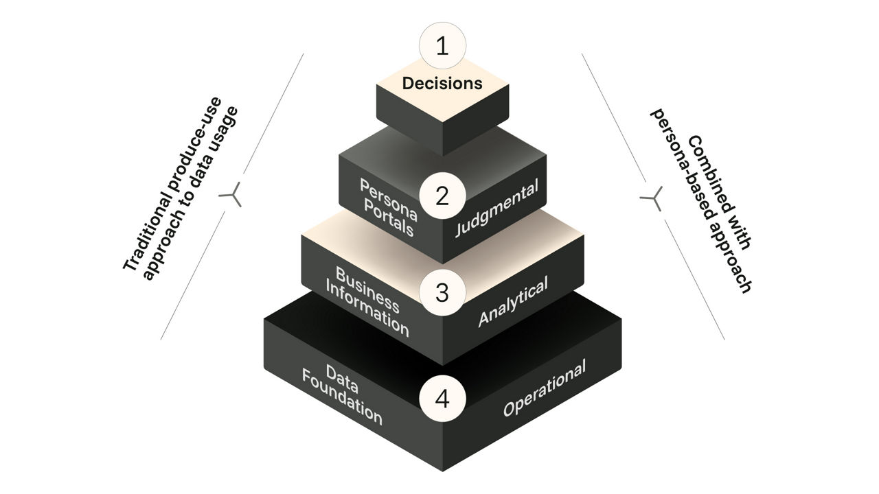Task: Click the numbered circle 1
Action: (442, 46)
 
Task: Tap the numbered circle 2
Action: (442, 196)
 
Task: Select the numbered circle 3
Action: (442, 292)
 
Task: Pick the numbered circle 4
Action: (442, 399)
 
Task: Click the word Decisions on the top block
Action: (442, 84)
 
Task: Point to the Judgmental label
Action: (496, 207)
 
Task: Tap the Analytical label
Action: (513, 302)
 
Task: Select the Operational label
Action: (545, 388)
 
